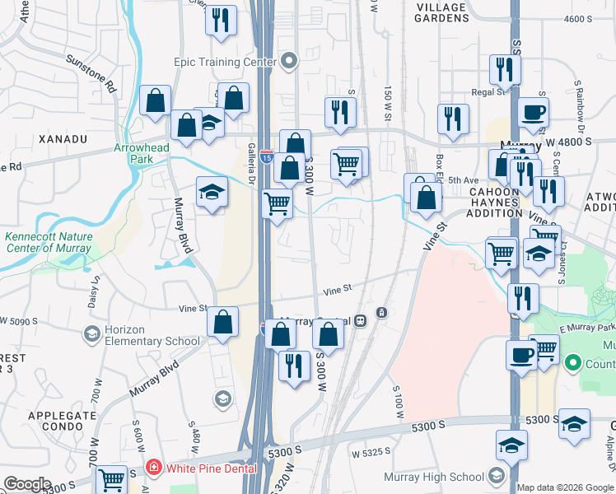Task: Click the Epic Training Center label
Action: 224,62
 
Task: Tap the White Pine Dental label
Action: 212,468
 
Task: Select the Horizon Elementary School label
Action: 152,335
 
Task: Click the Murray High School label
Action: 434,477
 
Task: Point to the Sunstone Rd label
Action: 91,71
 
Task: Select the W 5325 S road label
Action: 371,453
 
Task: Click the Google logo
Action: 27,485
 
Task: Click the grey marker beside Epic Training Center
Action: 288,62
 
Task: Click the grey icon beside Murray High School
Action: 496,476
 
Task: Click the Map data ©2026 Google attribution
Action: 565,487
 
